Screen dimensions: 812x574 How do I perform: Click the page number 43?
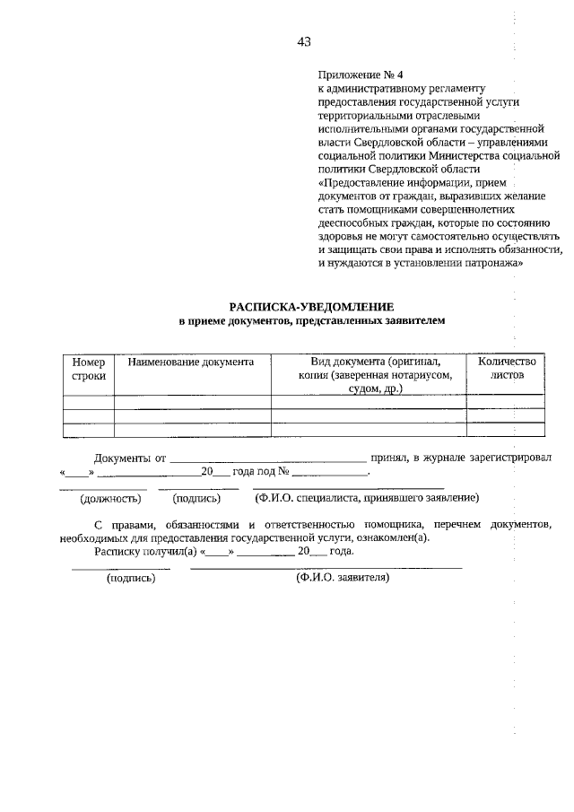(303, 41)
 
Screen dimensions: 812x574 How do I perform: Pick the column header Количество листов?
(507, 369)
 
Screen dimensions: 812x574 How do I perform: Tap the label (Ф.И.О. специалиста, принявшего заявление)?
(367, 498)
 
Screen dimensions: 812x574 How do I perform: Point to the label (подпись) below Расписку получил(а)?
(131, 579)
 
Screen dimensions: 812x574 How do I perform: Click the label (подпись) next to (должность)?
(197, 498)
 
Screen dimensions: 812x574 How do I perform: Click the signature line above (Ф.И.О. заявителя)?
(326, 568)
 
